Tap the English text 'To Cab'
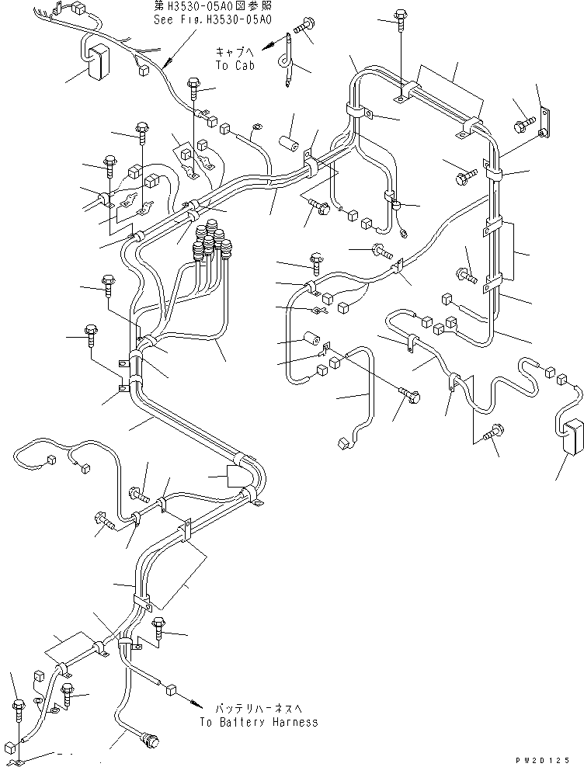(x=234, y=66)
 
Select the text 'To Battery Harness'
(x=258, y=722)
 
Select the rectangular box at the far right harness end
(x=571, y=438)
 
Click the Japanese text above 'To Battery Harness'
(x=250, y=708)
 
